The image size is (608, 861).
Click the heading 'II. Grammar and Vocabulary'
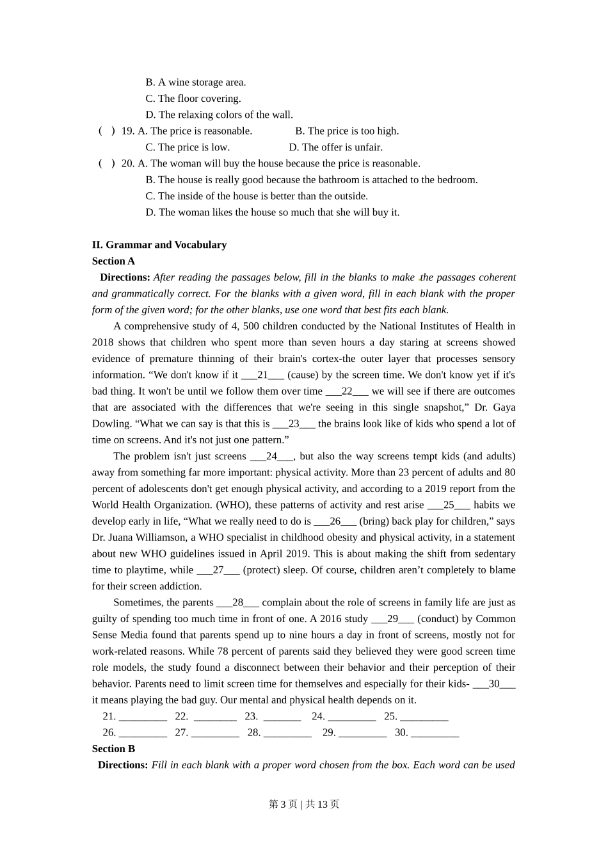(x=159, y=245)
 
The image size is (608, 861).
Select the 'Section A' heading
(x=113, y=261)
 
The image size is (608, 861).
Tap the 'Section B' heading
(x=113, y=748)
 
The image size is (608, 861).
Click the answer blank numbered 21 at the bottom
(x=143, y=717)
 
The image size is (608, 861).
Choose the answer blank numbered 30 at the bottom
(x=435, y=734)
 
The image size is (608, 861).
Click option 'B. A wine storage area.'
(x=195, y=82)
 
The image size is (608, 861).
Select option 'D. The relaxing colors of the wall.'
(x=219, y=115)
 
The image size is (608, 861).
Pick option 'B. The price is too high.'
(x=347, y=131)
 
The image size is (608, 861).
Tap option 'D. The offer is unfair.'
(x=335, y=147)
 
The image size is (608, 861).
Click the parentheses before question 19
(x=107, y=131)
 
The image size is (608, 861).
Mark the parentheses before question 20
(x=107, y=163)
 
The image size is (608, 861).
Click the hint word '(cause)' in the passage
(x=303, y=375)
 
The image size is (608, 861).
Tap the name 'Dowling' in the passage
(x=111, y=423)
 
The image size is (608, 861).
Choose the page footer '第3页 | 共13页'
(x=304, y=804)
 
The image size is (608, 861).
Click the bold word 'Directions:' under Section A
(x=125, y=277)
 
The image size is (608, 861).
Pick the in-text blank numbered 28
(x=237, y=603)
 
